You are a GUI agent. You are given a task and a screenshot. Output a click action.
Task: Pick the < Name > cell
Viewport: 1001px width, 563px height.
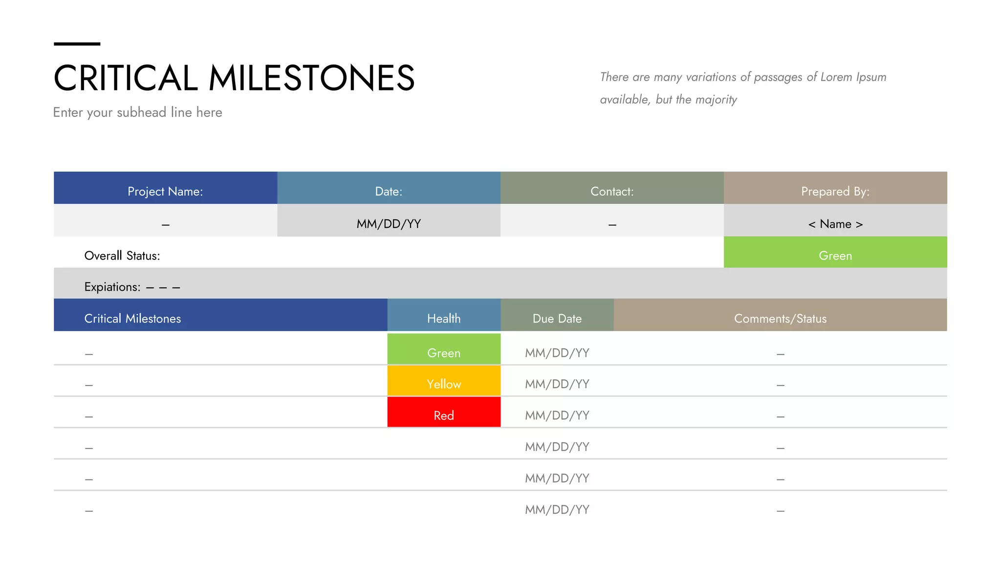835,223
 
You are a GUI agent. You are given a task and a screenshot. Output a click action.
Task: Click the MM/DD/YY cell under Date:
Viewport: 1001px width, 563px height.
389,223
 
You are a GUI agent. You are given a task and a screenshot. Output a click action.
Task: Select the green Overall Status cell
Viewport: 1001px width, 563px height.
835,255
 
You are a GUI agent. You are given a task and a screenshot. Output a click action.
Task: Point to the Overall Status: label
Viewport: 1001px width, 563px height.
122,256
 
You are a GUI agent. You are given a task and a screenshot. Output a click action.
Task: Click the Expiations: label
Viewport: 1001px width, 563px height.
112,287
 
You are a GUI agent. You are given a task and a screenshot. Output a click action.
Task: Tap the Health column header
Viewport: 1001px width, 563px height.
444,318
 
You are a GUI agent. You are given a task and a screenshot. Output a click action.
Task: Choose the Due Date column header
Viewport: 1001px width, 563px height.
557,318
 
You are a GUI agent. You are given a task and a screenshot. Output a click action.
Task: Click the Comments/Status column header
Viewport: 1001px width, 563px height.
780,318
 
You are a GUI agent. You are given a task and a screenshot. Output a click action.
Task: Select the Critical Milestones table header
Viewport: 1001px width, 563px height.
132,318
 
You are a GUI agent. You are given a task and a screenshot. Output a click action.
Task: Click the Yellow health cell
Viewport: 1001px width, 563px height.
444,383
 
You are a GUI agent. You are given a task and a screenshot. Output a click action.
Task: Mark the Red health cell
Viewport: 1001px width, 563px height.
444,414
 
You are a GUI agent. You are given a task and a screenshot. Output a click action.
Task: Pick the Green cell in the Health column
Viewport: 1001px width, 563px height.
444,351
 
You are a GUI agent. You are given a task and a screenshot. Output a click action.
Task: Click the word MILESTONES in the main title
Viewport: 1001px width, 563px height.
311,78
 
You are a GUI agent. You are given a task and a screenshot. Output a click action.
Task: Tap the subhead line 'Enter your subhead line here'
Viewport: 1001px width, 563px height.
137,112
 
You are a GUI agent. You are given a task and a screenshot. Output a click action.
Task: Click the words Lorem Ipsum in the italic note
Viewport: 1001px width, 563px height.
853,77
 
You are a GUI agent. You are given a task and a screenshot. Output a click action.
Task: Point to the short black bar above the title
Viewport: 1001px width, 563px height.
77,44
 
